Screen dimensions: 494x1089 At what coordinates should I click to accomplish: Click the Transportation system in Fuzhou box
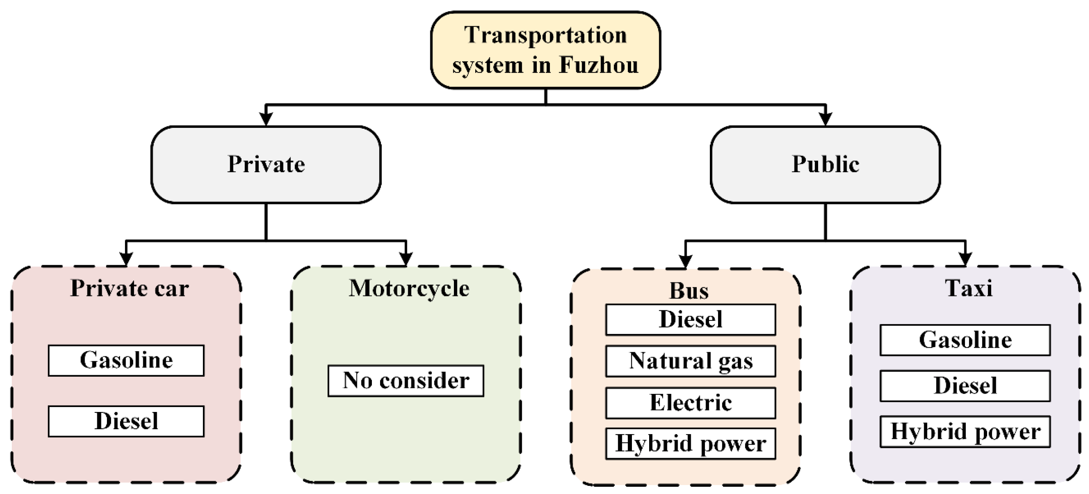point(545,50)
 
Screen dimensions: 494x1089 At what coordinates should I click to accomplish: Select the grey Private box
point(266,165)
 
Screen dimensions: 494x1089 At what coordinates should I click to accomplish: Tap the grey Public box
point(825,165)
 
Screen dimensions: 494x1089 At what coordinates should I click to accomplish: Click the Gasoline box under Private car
point(126,361)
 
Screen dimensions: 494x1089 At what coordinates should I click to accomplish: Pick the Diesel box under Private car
point(126,421)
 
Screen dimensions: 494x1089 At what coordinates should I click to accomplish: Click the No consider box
point(406,381)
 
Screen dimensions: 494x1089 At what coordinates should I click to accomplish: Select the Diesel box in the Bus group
point(690,320)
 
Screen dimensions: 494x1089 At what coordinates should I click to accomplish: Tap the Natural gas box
point(690,361)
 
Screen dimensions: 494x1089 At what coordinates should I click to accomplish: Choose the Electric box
point(690,403)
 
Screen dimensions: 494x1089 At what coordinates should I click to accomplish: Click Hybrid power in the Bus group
point(690,444)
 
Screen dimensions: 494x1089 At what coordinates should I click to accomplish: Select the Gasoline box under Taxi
point(965,340)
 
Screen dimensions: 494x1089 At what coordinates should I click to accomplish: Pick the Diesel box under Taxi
point(965,386)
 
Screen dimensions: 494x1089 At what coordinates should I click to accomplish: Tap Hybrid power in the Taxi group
point(965,432)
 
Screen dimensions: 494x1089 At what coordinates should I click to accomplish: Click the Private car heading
point(130,288)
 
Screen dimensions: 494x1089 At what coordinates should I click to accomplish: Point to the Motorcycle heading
point(409,288)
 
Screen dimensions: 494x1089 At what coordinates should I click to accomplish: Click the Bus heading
point(689,291)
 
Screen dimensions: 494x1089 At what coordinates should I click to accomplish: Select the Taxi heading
point(969,288)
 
